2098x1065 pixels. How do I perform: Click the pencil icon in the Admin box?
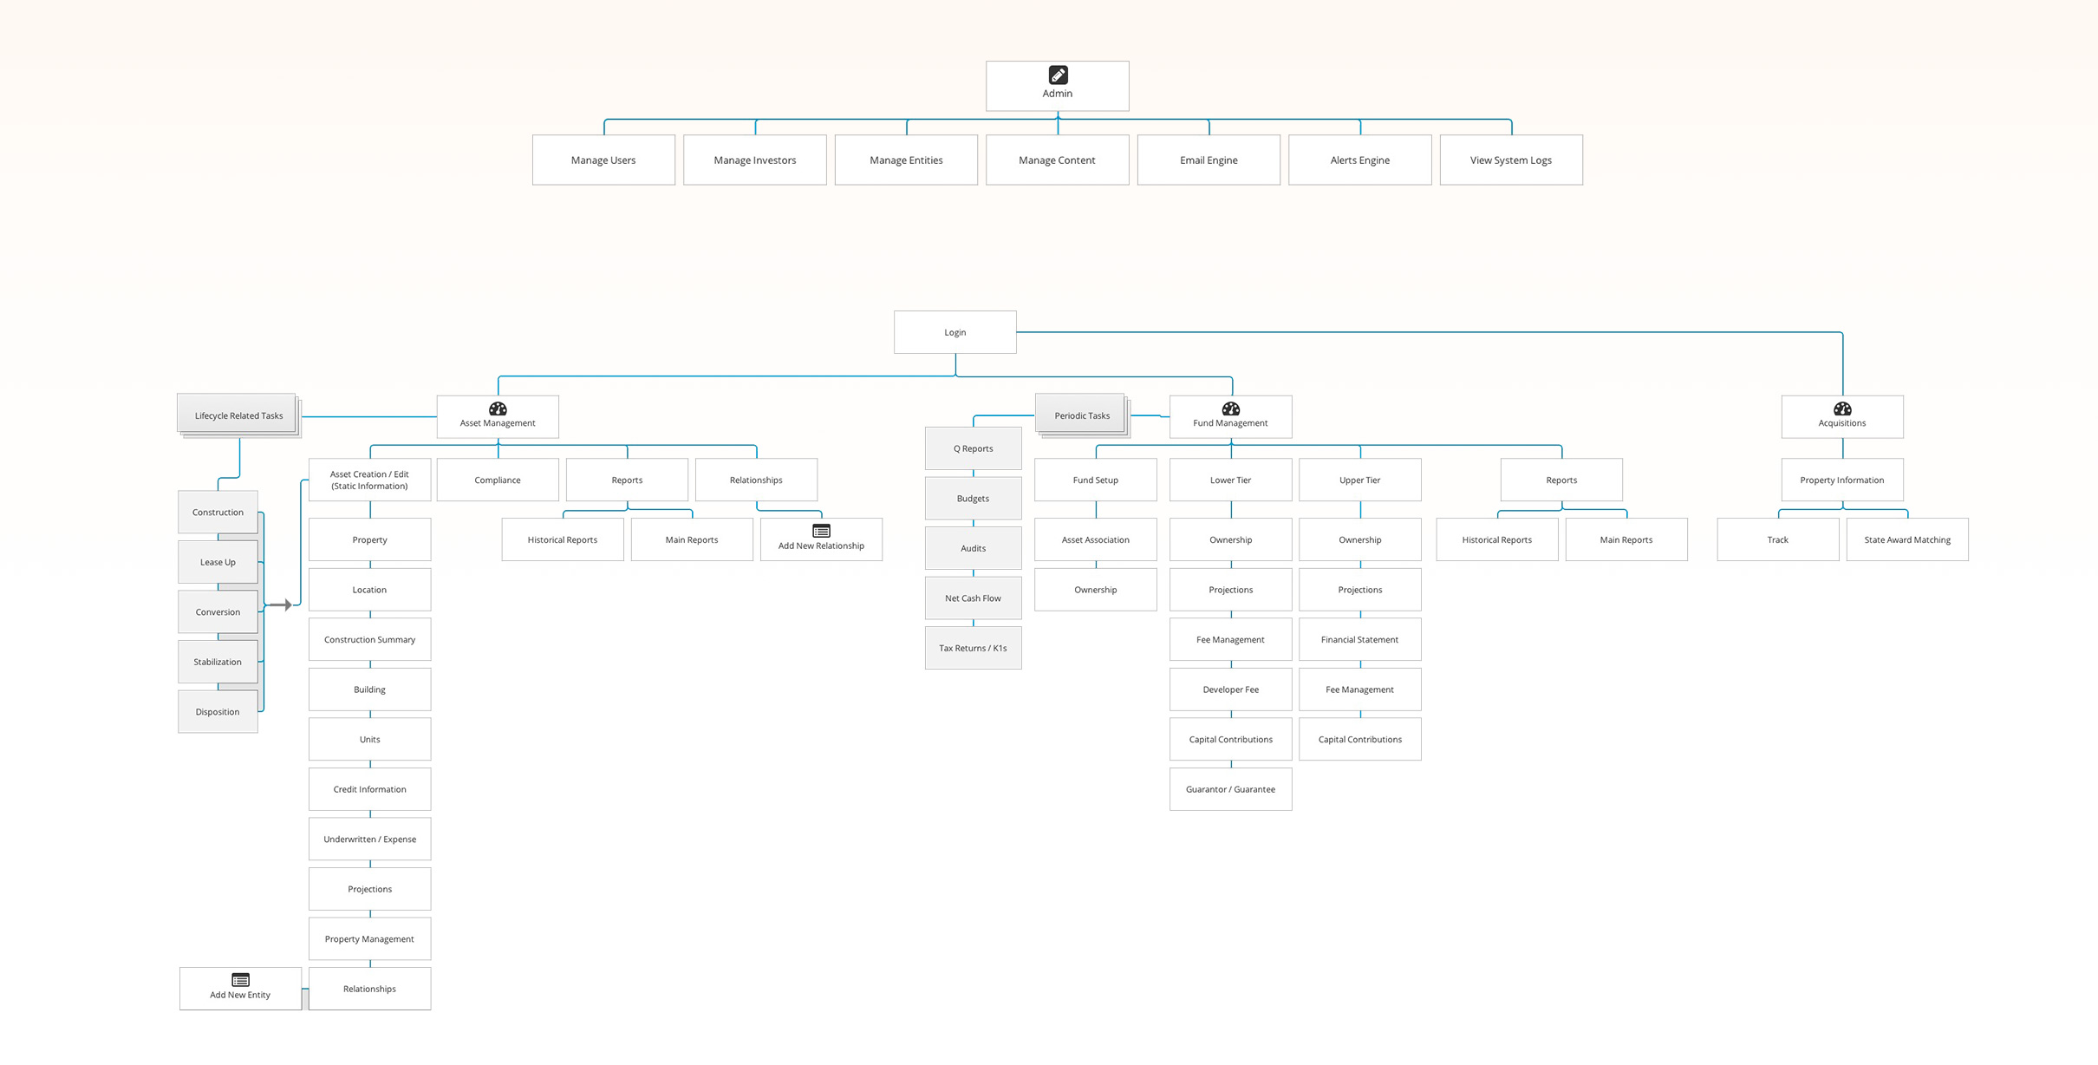click(1058, 75)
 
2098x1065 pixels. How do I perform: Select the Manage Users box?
click(603, 160)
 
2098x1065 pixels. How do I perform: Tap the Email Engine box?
click(1209, 160)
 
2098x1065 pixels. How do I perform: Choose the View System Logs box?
click(1511, 160)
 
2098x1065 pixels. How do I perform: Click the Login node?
click(955, 332)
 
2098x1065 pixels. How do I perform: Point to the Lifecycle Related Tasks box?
click(238, 415)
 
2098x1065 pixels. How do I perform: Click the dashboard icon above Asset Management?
click(498, 408)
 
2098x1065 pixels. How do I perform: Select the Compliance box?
click(498, 480)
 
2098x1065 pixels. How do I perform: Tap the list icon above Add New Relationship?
click(821, 531)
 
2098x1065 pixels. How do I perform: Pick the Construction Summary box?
click(369, 639)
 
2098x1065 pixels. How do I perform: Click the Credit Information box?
click(369, 789)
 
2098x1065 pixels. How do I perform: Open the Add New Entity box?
click(240, 989)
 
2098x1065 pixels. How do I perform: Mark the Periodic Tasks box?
click(1081, 415)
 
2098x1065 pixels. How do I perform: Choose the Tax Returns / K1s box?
click(973, 648)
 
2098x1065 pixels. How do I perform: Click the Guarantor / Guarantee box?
click(1230, 789)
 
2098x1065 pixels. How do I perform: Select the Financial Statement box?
click(1359, 639)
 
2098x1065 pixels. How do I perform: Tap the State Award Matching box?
click(1907, 539)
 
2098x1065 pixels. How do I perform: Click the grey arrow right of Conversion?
click(281, 605)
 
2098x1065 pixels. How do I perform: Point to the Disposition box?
click(218, 712)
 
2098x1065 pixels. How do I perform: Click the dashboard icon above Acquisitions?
click(1842, 408)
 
